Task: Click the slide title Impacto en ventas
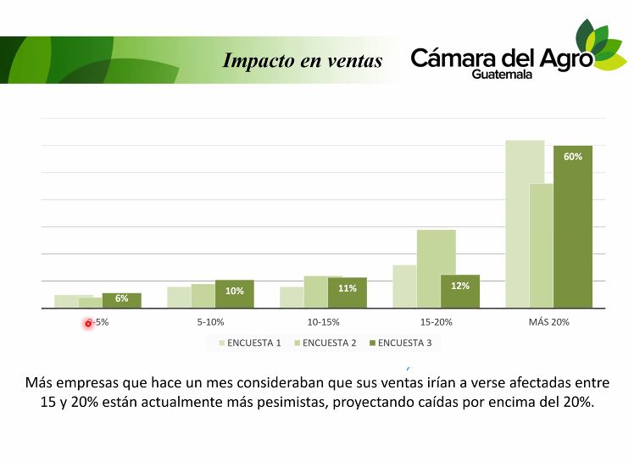tap(303, 60)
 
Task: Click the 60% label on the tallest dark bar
tap(573, 157)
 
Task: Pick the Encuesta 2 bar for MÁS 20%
tap(542, 246)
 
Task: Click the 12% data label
tap(460, 286)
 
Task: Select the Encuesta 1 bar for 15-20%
tap(404, 287)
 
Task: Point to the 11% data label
tap(348, 288)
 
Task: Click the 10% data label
tap(235, 291)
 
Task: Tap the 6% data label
tap(122, 298)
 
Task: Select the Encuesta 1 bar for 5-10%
tap(179, 298)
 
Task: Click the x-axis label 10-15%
tap(324, 322)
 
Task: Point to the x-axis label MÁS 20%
tap(549, 322)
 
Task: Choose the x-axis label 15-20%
tap(437, 322)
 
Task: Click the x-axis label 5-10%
tap(210, 322)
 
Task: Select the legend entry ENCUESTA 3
tap(404, 342)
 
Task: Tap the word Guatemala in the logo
tap(503, 75)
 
